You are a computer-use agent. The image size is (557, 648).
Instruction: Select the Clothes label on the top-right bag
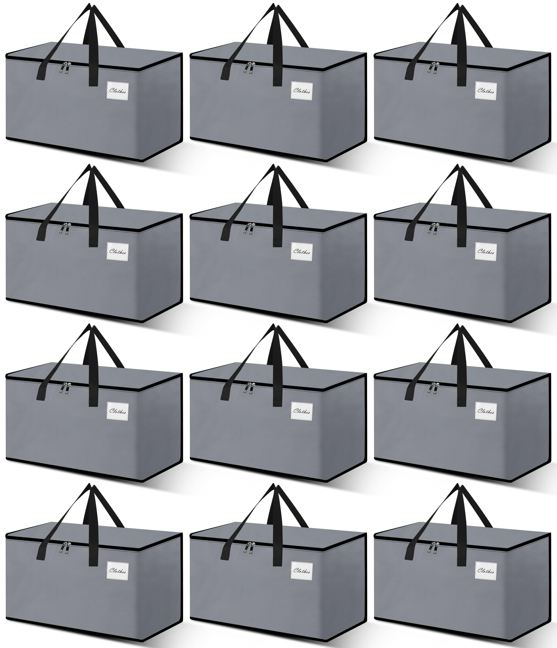tap(485, 91)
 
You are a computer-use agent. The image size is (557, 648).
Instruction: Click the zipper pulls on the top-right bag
tap(433, 68)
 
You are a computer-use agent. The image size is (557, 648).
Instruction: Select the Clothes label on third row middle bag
tap(301, 411)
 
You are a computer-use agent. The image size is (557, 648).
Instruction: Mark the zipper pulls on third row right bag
tap(433, 388)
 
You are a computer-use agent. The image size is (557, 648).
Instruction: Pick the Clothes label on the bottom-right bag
tap(485, 571)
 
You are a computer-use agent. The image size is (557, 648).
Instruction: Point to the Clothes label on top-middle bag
tap(301, 91)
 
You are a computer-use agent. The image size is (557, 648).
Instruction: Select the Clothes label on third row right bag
tap(485, 411)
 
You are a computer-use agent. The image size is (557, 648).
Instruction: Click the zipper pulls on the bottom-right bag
tap(433, 548)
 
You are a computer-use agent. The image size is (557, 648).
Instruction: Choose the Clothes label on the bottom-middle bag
tap(301, 571)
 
